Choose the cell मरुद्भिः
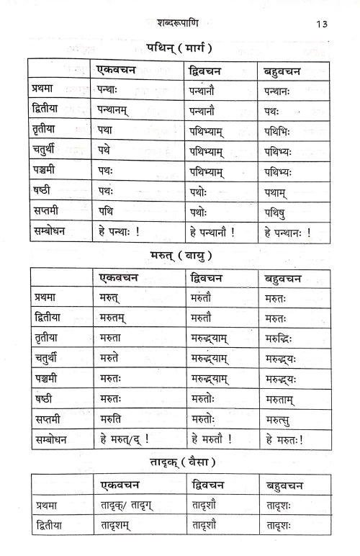pos(283,338)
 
